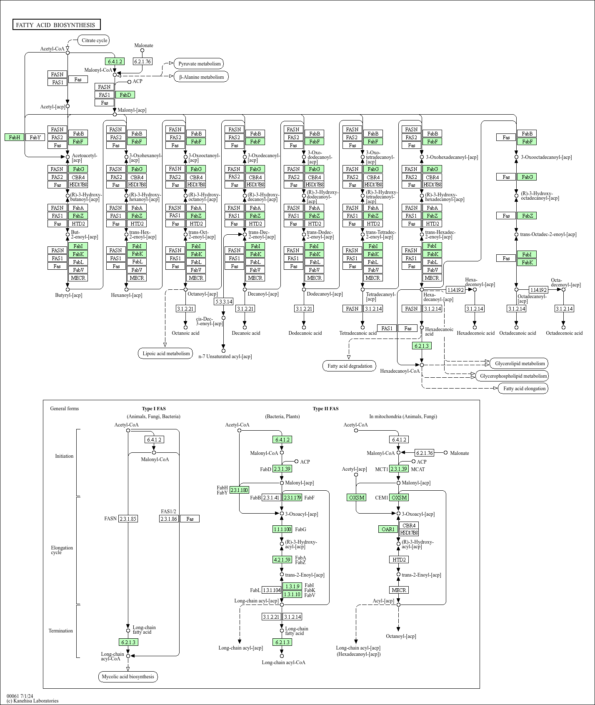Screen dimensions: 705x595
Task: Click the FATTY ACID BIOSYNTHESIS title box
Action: [56, 25]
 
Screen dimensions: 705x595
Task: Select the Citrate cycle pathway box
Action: [94, 40]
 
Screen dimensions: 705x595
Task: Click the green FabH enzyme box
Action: [14, 137]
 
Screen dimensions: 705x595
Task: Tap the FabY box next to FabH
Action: [35, 137]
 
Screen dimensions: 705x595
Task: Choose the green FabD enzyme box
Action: [125, 95]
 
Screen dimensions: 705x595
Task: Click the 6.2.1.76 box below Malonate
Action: [142, 61]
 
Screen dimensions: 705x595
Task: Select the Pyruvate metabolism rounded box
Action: [199, 64]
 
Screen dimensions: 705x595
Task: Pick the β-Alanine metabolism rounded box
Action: [201, 77]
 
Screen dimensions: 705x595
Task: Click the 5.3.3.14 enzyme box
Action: [223, 301]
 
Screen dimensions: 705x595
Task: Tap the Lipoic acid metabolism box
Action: [166, 354]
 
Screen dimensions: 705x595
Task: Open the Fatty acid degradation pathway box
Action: [350, 366]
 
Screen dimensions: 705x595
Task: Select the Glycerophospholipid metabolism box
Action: [513, 376]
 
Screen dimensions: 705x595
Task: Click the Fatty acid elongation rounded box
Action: [524, 389]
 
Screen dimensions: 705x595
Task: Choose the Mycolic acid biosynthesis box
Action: [128, 677]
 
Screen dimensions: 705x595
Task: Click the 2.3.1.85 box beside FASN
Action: [127, 519]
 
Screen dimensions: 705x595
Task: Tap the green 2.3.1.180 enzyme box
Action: [239, 490]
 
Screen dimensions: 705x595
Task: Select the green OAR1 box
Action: [388, 529]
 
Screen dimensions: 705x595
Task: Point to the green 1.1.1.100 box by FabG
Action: [282, 529]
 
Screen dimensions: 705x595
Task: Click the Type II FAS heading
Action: [325, 409]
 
